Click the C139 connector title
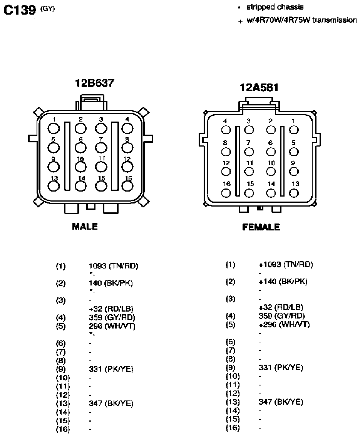20,10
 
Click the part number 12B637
95,83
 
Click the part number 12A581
259,88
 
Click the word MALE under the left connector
85,226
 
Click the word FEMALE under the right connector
261,227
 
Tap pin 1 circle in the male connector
54,128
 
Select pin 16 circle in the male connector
127,186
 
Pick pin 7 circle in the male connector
101,148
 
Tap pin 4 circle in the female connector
226,130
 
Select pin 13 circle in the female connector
294,193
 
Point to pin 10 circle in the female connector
271,172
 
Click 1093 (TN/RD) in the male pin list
114,266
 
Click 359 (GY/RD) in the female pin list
281,316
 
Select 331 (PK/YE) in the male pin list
111,369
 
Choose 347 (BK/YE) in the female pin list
281,402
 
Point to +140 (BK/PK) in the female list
283,282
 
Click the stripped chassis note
275,7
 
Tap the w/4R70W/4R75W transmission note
301,20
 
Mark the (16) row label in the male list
63,429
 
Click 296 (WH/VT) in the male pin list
112,326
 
